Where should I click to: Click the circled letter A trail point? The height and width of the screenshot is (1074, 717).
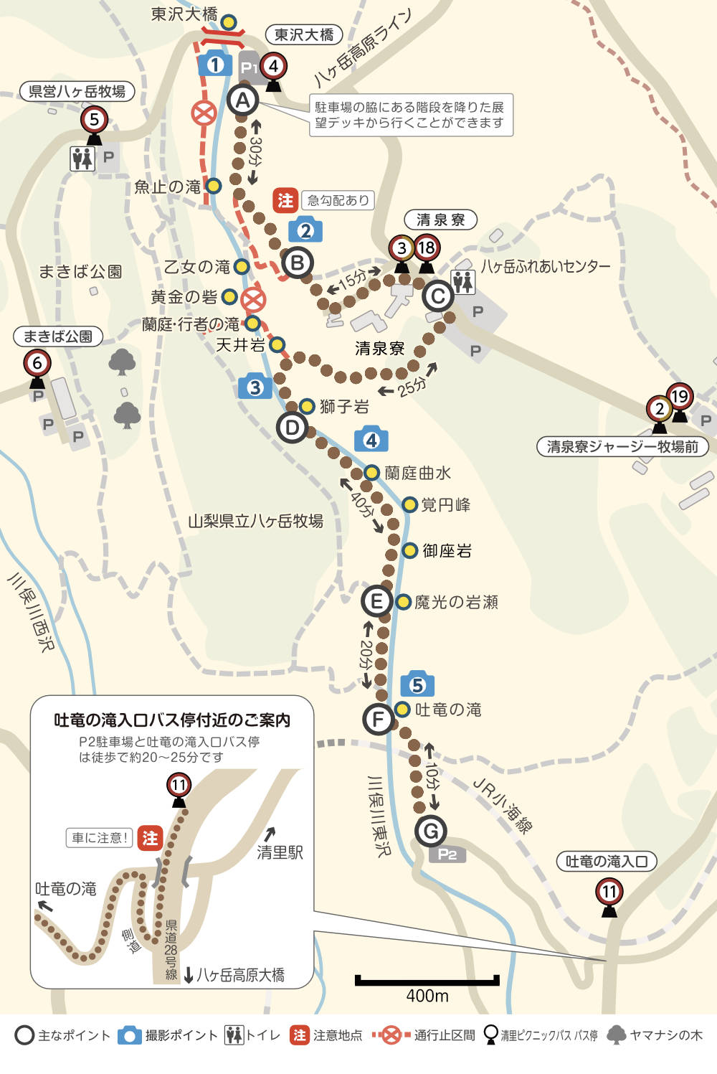pyautogui.click(x=242, y=100)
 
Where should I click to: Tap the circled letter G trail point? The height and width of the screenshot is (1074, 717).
pyautogui.click(x=430, y=831)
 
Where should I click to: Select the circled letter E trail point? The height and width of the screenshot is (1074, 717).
pyautogui.click(x=376, y=600)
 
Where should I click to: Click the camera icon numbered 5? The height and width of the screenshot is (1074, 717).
pyautogui.click(x=417, y=685)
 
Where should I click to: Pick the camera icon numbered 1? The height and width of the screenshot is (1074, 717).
pyautogui.click(x=214, y=65)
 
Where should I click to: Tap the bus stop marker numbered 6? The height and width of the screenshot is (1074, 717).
pyautogui.click(x=37, y=364)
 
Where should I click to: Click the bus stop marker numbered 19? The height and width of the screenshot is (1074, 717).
pyautogui.click(x=679, y=397)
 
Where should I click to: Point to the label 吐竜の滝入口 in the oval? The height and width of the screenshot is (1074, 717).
pyautogui.click(x=607, y=861)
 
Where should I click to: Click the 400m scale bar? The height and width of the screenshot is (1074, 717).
pyautogui.click(x=427, y=981)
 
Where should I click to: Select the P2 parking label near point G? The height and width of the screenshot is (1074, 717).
pyautogui.click(x=447, y=854)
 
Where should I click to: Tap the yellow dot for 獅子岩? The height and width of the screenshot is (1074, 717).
pyautogui.click(x=307, y=406)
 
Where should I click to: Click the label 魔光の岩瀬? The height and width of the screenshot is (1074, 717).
pyautogui.click(x=456, y=602)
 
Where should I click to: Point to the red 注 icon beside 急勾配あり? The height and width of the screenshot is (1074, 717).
pyautogui.click(x=285, y=200)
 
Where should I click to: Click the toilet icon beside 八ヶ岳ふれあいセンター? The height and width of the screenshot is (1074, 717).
pyautogui.click(x=463, y=282)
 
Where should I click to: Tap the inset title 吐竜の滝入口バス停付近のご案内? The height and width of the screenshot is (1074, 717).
pyautogui.click(x=172, y=720)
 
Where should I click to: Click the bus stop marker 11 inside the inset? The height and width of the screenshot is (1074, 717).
pyautogui.click(x=179, y=785)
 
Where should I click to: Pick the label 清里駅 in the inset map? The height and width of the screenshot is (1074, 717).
pyautogui.click(x=280, y=852)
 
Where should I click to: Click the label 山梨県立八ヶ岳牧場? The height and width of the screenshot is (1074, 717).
pyautogui.click(x=255, y=521)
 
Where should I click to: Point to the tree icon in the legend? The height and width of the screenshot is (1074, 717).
pyautogui.click(x=616, y=1035)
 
